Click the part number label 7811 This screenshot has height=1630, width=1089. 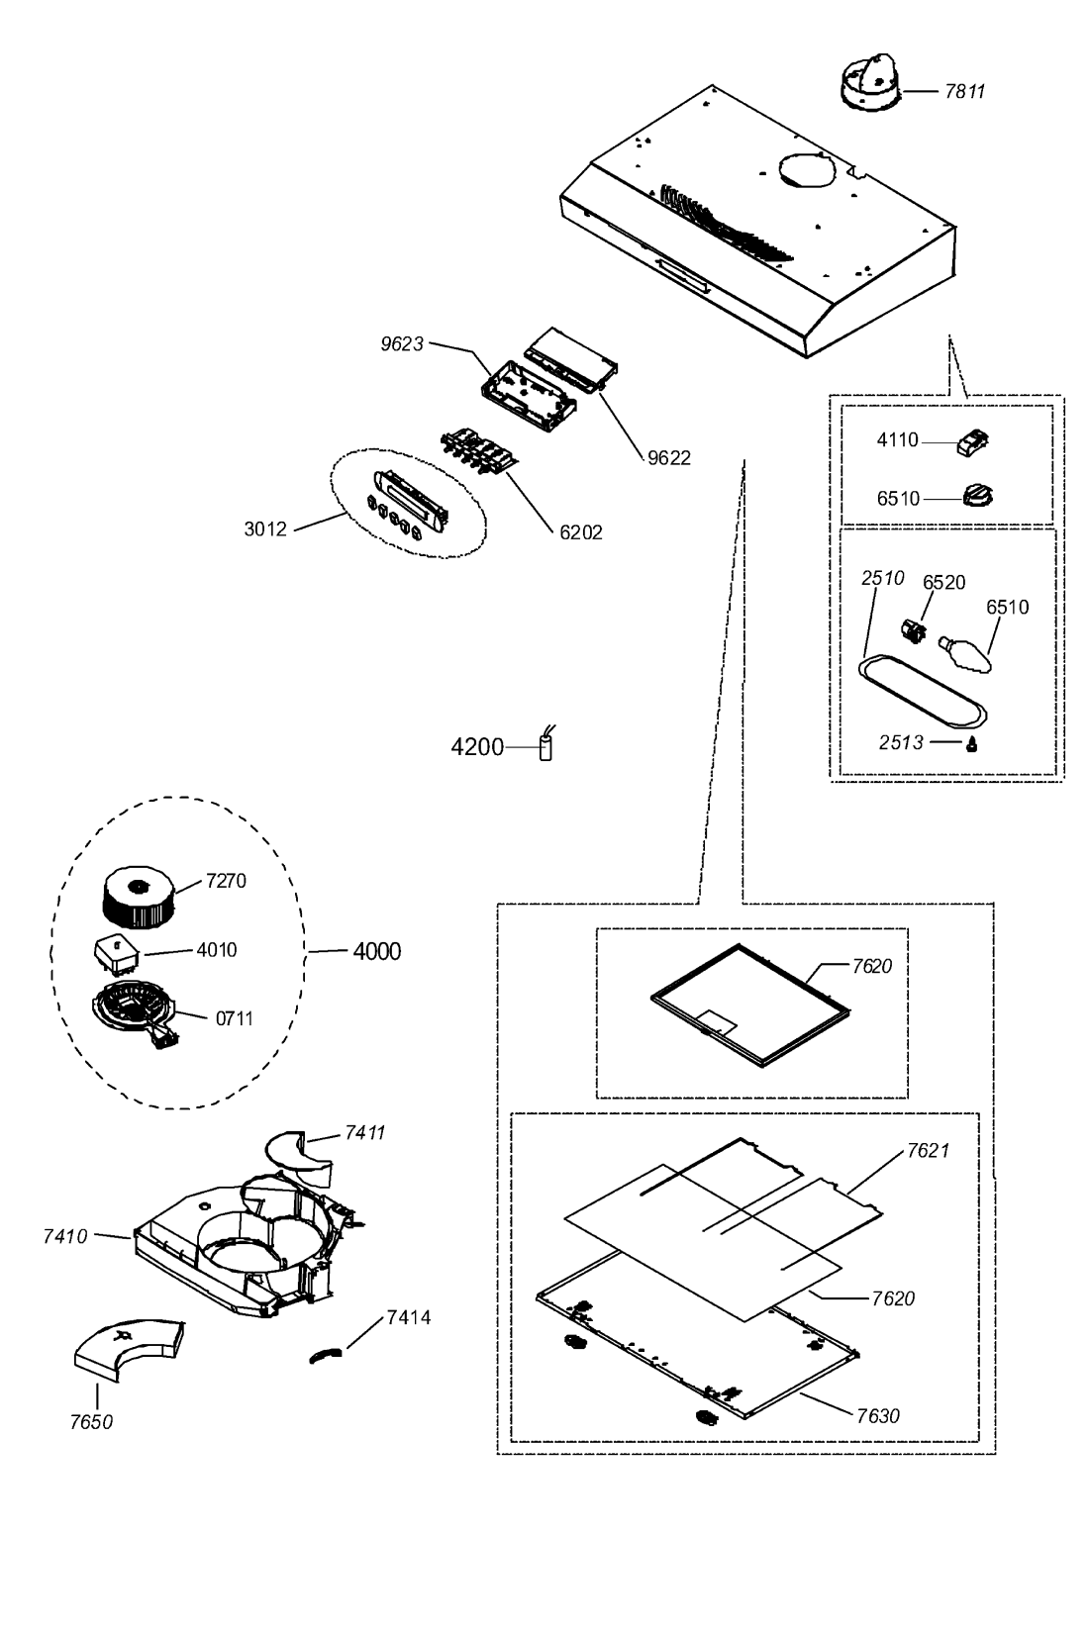964,91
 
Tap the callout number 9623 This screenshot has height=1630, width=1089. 403,344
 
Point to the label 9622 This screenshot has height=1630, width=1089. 669,457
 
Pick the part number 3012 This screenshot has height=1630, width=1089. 265,528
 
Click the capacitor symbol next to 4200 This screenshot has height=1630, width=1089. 544,746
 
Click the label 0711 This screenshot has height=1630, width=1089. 235,1018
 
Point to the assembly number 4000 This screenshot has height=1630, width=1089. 377,952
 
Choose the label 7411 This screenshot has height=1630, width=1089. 364,1132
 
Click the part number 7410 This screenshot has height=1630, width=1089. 65,1235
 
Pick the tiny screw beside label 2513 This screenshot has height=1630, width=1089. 973,744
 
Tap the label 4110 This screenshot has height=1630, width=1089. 897,440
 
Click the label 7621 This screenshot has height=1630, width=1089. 928,1150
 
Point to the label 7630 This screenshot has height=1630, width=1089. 878,1415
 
